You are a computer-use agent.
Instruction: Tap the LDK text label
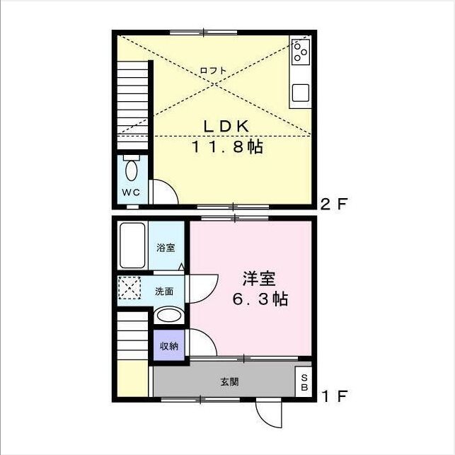tap(225, 126)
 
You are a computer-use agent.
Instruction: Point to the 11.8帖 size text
tap(225, 148)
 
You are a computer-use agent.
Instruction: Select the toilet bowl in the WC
tap(131, 171)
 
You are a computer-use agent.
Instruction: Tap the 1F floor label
tap(334, 396)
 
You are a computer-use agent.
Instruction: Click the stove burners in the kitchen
tap(301, 50)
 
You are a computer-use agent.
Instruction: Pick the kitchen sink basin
tap(301, 93)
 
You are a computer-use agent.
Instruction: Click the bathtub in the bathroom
tap(132, 246)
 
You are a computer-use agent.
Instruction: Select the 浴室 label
tap(166, 247)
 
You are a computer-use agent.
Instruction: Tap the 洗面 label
tap(165, 291)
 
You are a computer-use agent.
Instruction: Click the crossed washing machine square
tap(129, 290)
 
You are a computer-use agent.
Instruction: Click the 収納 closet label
tap(168, 346)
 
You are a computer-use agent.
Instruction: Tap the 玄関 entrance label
tap(229, 382)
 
